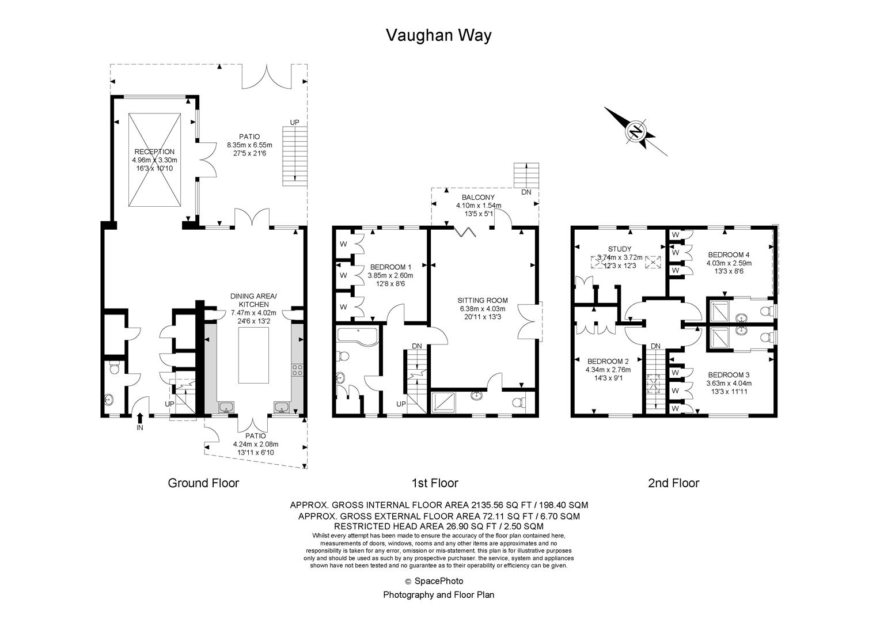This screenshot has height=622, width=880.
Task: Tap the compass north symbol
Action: click(x=636, y=131)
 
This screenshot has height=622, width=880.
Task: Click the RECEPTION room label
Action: click(x=154, y=152)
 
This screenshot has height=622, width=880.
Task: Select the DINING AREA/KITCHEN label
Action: click(x=253, y=300)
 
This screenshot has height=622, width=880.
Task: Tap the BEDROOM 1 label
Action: click(x=390, y=267)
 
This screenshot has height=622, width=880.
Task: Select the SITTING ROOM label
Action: click(x=483, y=300)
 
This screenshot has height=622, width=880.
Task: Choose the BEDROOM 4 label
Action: click(x=729, y=255)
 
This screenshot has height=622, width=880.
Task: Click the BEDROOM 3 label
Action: click(x=729, y=374)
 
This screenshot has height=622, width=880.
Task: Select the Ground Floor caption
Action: click(x=203, y=483)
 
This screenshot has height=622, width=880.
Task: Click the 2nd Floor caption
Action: click(x=673, y=483)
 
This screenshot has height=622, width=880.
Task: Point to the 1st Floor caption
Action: click(x=435, y=483)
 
